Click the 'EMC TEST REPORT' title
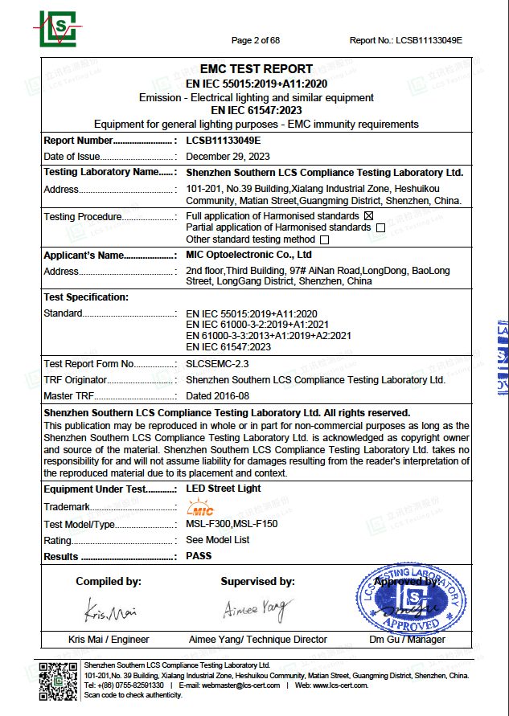(257, 69)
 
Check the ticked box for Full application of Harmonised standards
(369, 215)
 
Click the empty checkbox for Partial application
(380, 227)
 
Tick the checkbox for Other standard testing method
(325, 239)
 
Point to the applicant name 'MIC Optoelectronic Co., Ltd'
(248, 255)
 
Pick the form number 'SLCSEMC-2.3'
(213, 364)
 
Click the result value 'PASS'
(199, 556)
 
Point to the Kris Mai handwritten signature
(109, 613)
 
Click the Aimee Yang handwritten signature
(255, 610)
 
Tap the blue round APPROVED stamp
(411, 599)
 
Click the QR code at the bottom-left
(58, 681)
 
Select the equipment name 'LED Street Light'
(224, 489)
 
